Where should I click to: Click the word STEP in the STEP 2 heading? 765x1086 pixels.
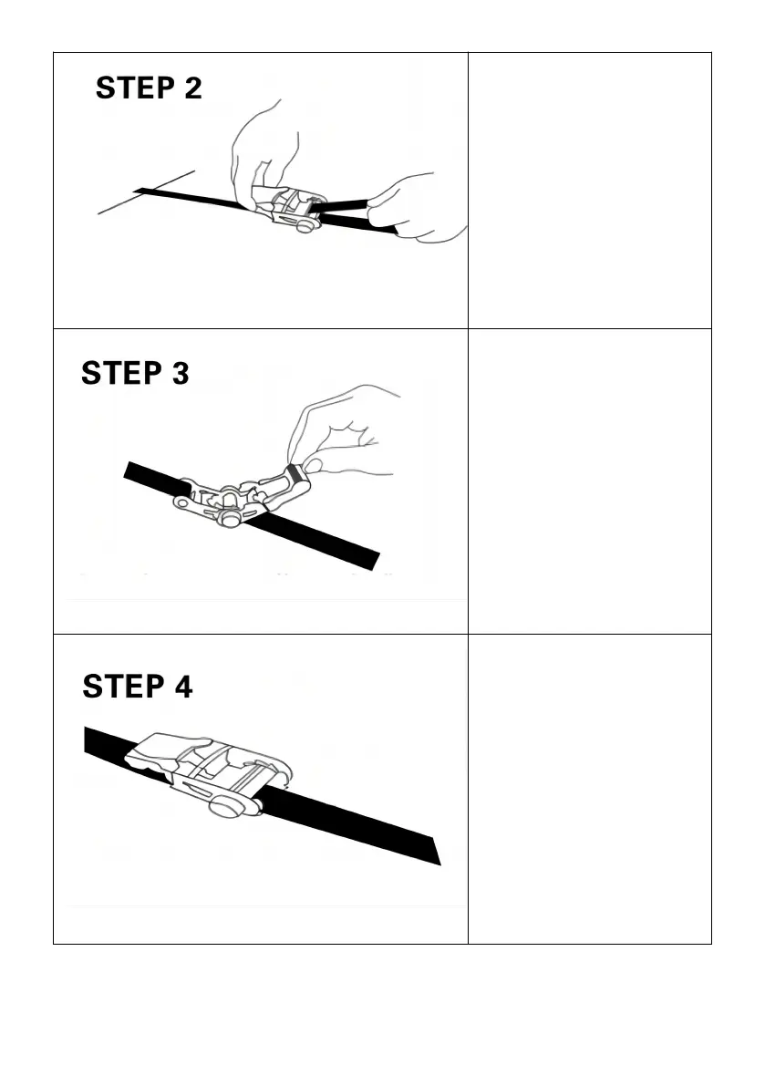[135, 88]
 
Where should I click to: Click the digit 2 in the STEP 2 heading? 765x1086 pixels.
[193, 88]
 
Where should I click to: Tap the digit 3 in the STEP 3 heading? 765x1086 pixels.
[180, 373]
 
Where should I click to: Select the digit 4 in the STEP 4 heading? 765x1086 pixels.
[183, 687]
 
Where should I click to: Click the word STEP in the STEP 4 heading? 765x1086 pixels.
[123, 687]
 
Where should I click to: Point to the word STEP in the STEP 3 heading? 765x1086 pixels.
[121, 373]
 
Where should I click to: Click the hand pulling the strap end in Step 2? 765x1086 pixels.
[418, 208]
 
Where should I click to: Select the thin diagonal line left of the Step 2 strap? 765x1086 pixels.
[146, 192]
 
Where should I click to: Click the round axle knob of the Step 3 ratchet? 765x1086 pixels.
[230, 518]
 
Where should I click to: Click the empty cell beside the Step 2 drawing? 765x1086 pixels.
[590, 191]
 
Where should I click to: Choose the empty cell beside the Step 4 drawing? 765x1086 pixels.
[590, 789]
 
